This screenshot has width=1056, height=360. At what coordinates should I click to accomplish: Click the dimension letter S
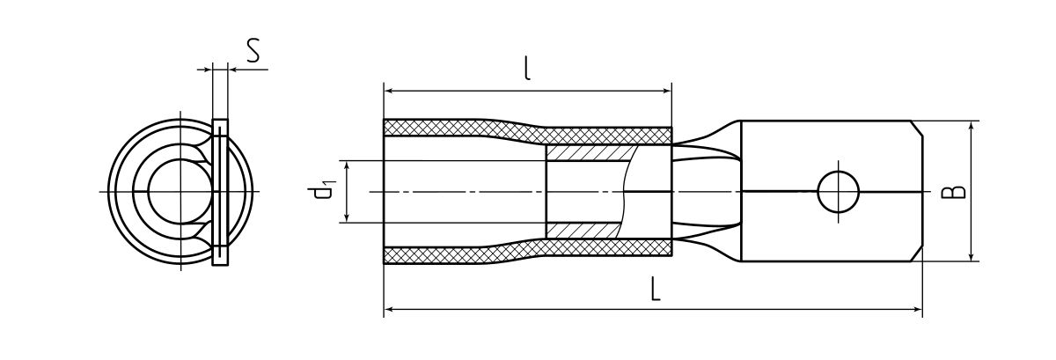253,51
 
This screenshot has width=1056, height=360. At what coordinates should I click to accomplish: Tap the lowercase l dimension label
527,69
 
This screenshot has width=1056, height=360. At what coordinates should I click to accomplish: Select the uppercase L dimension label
655,289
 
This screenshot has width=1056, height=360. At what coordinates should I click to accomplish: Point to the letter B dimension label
953,192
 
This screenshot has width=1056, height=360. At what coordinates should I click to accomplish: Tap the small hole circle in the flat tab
838,192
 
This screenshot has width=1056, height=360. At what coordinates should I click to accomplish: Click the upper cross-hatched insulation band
527,129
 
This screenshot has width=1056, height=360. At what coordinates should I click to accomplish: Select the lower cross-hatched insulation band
527,252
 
